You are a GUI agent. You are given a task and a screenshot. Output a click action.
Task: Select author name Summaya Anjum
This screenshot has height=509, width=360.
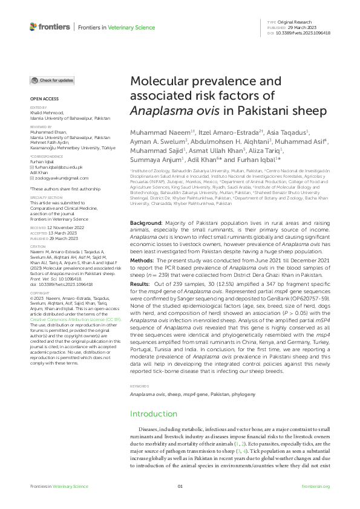point(154,161)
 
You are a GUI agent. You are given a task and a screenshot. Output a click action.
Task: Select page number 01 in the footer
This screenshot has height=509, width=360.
point(180,487)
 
